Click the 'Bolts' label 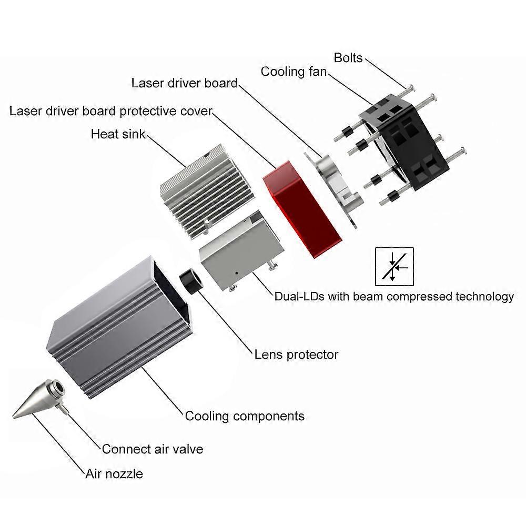click(x=348, y=57)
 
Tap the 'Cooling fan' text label click(x=294, y=71)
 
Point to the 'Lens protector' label click(x=296, y=355)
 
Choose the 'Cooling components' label click(x=245, y=416)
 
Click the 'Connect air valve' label click(x=153, y=449)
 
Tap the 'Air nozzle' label click(x=114, y=474)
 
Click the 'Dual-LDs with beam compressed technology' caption click(x=394, y=296)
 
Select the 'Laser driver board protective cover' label click(x=110, y=111)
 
